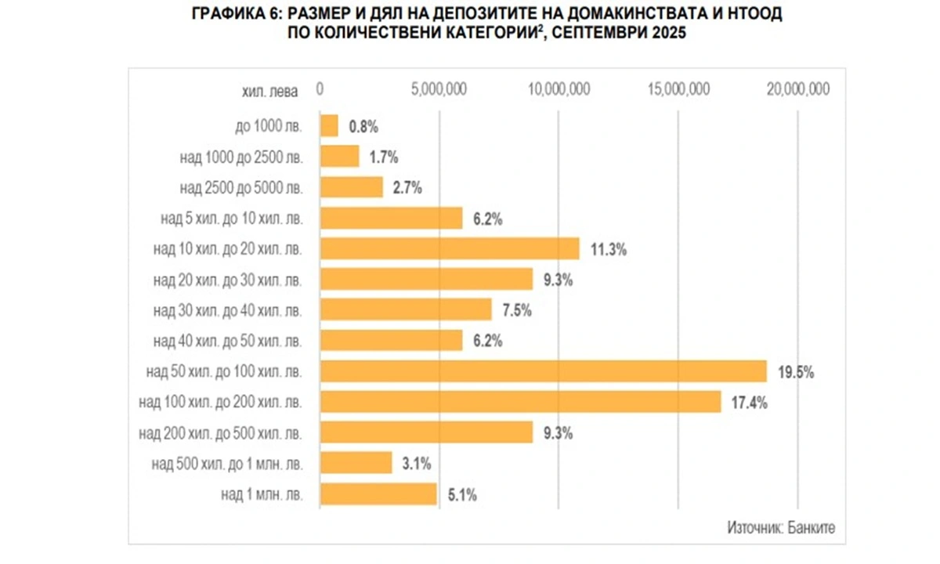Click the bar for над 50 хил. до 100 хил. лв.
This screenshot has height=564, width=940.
[543, 371]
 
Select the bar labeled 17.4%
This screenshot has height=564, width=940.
[520, 402]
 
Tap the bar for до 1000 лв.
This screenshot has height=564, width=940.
[329, 126]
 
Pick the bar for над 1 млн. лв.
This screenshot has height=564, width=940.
[378, 494]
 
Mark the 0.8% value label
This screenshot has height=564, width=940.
[363, 126]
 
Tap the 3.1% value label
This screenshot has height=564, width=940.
[417, 464]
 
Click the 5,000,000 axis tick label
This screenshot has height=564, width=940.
[439, 89]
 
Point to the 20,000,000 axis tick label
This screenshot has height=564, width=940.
[797, 89]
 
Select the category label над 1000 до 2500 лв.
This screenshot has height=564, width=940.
[240, 157]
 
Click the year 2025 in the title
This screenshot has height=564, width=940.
[660, 34]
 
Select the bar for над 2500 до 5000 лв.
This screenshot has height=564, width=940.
[352, 188]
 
